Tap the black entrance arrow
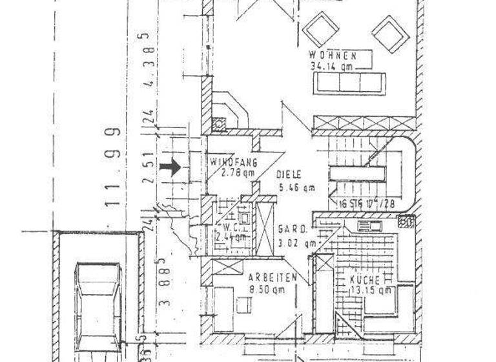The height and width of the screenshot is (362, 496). pyautogui.click(x=170, y=167)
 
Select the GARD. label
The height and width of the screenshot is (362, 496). pyautogui.click(x=291, y=229)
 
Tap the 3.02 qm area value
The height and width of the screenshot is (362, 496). pyautogui.click(x=298, y=243)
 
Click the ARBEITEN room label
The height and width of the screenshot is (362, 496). pyautogui.click(x=273, y=277)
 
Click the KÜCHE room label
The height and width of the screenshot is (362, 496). pyautogui.click(x=366, y=279)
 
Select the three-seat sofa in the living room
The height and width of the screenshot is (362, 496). pyautogui.click(x=349, y=83)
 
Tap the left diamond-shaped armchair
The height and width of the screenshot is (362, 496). pyautogui.click(x=322, y=29)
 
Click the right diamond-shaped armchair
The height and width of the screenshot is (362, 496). pyautogui.click(x=390, y=34)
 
